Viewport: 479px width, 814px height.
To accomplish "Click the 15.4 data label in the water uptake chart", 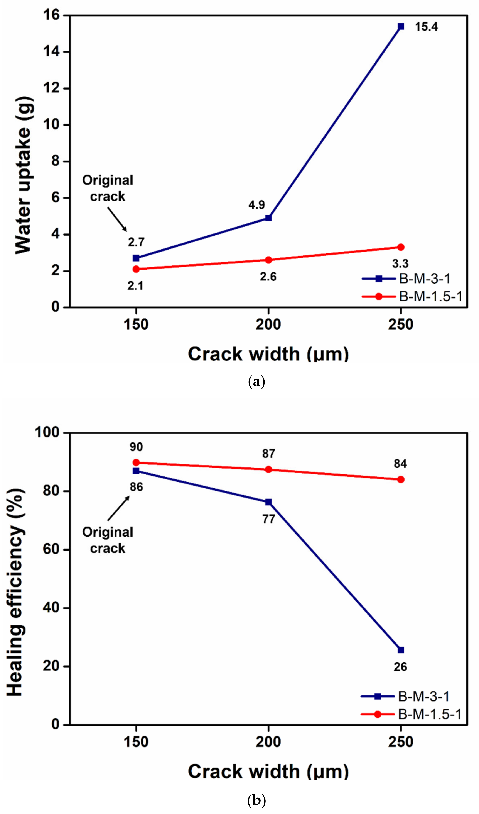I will [x=426, y=27].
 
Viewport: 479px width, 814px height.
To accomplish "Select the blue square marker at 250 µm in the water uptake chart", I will [x=401, y=27].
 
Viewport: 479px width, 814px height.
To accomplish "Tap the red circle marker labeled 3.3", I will [x=401, y=247].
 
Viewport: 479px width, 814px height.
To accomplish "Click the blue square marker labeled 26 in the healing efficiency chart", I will [x=401, y=650].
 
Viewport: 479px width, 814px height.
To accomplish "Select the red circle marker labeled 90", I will [x=136, y=462].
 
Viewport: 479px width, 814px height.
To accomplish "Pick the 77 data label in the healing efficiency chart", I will [x=268, y=519].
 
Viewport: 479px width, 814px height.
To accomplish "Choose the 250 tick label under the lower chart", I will [x=401, y=742].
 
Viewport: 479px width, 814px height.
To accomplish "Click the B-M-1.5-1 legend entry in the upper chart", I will [x=431, y=296].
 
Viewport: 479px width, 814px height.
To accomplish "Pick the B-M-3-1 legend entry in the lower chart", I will [x=423, y=697].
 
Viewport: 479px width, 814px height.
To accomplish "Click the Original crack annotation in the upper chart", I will [x=108, y=188].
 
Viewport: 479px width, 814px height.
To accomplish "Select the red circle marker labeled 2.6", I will [x=268, y=260].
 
